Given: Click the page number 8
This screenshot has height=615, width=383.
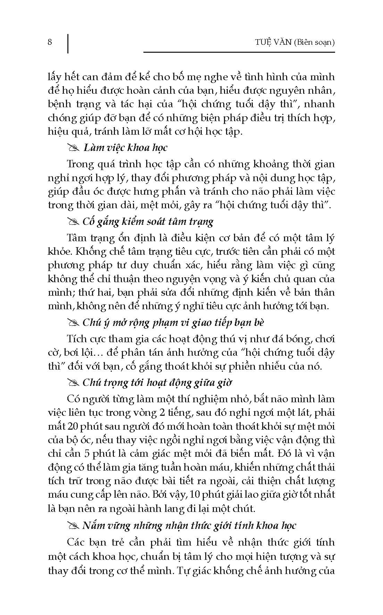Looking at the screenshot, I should point(50,42).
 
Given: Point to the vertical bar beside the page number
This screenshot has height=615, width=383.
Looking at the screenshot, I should point(68,43).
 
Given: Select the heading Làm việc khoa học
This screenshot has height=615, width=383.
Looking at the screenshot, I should point(125,148).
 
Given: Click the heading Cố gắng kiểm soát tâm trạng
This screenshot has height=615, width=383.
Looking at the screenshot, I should point(148,221).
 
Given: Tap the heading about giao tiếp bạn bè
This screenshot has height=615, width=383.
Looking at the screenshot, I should point(173,322).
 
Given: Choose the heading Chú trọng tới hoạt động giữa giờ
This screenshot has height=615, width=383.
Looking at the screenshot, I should point(157,382).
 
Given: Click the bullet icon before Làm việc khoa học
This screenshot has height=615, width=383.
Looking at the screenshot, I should point(74,148).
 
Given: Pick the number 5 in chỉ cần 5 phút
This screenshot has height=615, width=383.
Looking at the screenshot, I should point(87,453).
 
